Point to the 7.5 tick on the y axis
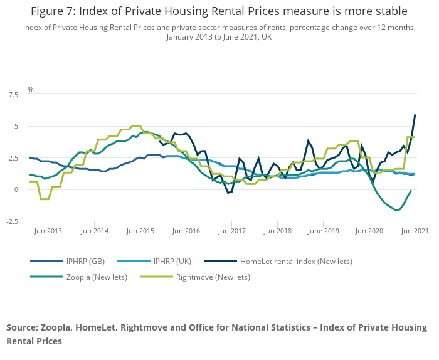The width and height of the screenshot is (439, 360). tap(13, 95)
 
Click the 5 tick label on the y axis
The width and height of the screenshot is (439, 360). tap(16, 126)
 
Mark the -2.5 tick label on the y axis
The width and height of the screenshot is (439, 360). tap(12, 221)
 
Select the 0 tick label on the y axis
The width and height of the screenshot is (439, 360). tap(16, 189)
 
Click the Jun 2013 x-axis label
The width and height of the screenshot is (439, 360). tap(48, 231)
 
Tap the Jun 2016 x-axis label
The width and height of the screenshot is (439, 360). tap(186, 231)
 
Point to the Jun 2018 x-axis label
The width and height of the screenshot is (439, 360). tap(277, 231)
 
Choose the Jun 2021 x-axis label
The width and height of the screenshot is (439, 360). tap(414, 231)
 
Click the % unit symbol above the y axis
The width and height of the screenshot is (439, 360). tap(30, 90)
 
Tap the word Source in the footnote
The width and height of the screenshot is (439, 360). tap(23, 327)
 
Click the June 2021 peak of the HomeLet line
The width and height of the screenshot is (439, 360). tap(415, 115)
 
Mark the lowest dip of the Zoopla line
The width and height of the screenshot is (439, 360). tap(396, 211)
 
